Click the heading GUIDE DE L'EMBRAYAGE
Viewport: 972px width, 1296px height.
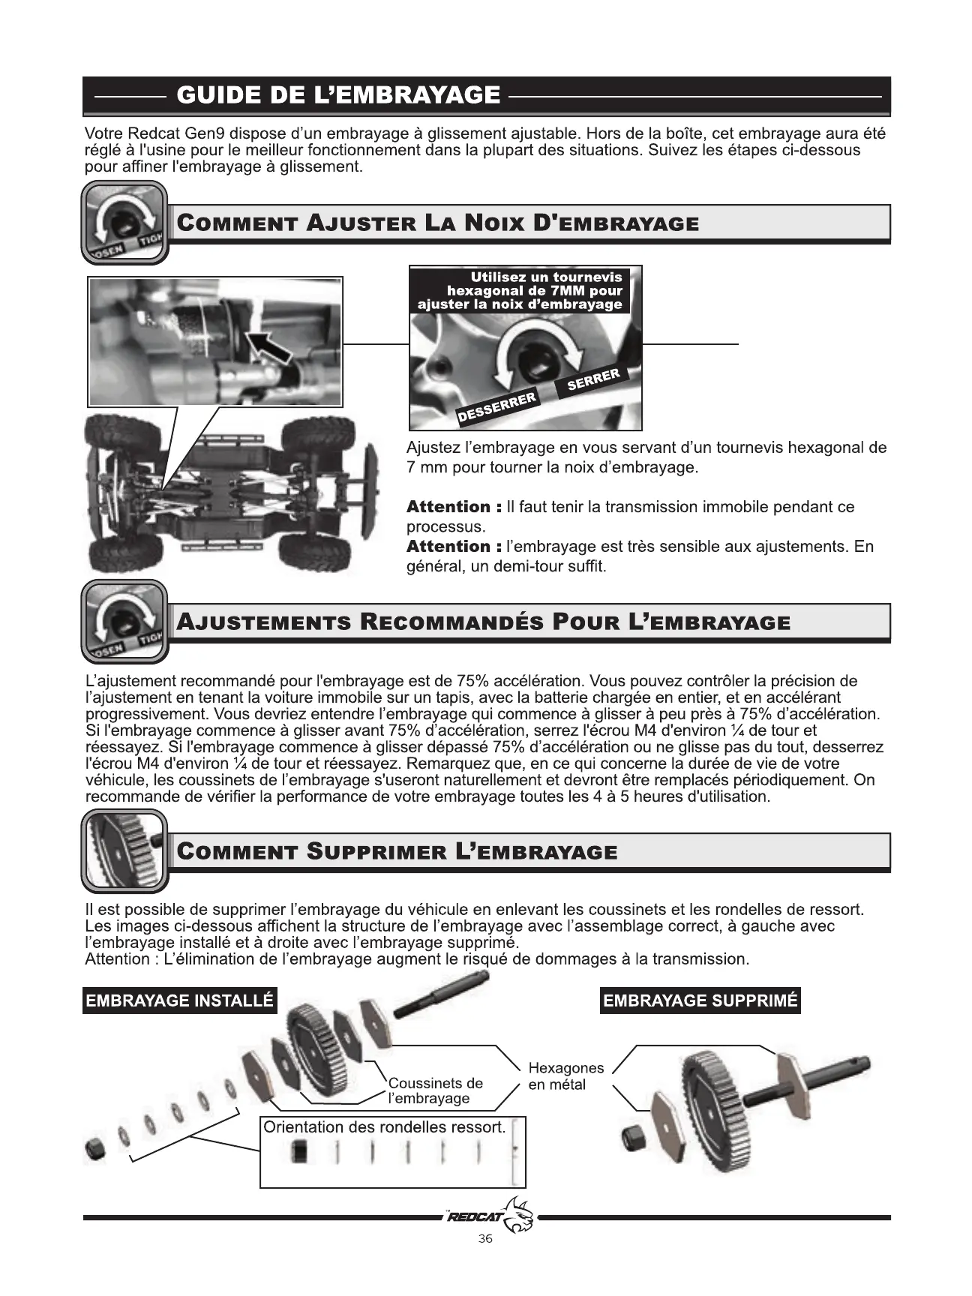pyautogui.click(x=337, y=95)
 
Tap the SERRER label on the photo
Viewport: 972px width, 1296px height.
pyautogui.click(x=593, y=379)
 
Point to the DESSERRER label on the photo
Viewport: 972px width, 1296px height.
pyautogui.click(x=497, y=406)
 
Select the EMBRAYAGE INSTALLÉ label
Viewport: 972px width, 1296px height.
pyautogui.click(x=179, y=1000)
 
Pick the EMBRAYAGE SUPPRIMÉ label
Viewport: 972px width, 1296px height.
pyautogui.click(x=700, y=1000)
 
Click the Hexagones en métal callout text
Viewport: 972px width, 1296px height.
pyautogui.click(x=565, y=1075)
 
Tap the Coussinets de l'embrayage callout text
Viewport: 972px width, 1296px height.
pyautogui.click(x=435, y=1090)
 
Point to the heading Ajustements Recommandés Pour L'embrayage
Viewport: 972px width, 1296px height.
pyautogui.click(x=483, y=622)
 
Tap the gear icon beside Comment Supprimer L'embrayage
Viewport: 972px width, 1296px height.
pyautogui.click(x=124, y=850)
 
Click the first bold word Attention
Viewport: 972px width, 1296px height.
pyautogui.click(x=448, y=507)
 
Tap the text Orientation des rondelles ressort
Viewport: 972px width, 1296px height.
pyautogui.click(x=384, y=1127)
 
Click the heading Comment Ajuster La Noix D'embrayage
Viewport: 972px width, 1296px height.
pyautogui.click(x=437, y=223)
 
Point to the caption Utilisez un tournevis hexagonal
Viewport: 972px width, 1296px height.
pyautogui.click(x=520, y=290)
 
